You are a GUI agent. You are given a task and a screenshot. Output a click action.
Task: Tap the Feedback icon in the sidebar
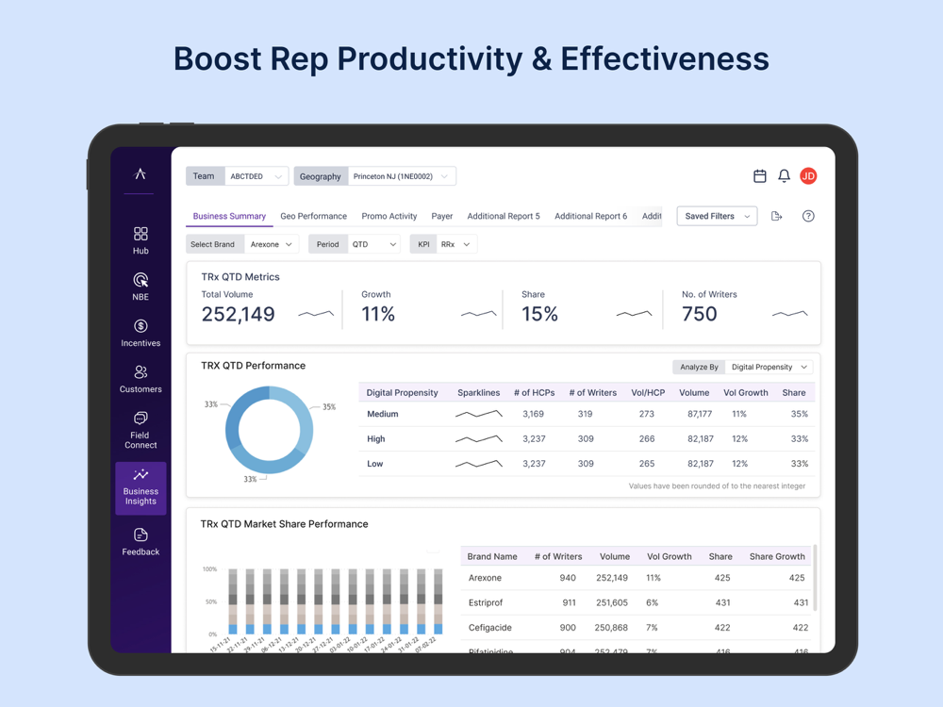[x=141, y=535]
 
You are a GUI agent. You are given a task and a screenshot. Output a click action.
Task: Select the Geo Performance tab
[x=313, y=216]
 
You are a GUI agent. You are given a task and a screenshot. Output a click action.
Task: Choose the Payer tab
[x=441, y=216]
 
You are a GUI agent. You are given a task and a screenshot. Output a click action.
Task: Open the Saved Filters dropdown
[x=717, y=216]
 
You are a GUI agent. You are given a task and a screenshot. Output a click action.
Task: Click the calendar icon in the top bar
[x=760, y=176]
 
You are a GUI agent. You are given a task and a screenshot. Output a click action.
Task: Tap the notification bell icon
[x=784, y=176]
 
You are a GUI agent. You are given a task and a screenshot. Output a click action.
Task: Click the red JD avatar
[x=808, y=176]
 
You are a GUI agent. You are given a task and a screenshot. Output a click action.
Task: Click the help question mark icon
[x=808, y=216]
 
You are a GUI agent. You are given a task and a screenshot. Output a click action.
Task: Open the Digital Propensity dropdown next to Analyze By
[x=769, y=367]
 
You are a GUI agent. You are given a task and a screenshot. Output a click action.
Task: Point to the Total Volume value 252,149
[x=238, y=314]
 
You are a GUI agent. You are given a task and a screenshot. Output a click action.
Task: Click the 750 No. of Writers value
[x=699, y=314]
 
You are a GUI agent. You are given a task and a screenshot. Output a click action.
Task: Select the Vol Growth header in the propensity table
[x=745, y=392]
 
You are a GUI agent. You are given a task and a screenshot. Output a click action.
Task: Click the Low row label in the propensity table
[x=374, y=464]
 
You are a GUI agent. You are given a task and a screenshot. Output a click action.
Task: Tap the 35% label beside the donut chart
[x=329, y=407]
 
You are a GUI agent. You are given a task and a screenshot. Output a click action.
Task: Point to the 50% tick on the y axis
[x=210, y=601]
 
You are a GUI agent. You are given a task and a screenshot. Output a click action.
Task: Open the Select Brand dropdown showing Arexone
[x=272, y=244]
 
